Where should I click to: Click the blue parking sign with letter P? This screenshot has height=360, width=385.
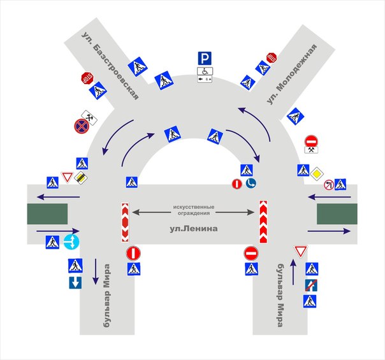[x=205, y=59]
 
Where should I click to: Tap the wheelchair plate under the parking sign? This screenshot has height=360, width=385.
[x=205, y=71]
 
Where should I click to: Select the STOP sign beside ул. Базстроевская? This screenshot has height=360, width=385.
[x=87, y=78]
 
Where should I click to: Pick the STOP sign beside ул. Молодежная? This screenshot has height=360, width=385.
[x=272, y=58]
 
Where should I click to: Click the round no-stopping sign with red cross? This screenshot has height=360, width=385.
[x=81, y=126]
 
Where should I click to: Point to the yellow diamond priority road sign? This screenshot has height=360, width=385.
[x=317, y=174]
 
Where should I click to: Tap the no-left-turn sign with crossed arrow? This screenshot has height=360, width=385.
[x=329, y=185]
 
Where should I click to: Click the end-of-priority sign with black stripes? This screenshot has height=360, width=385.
[x=81, y=178]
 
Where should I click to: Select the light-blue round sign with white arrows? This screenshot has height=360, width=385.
[x=71, y=241]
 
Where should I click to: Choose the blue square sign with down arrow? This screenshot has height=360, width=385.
[x=75, y=283]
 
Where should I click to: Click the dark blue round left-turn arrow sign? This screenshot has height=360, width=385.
[x=251, y=183]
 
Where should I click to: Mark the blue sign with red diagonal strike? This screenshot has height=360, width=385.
[x=311, y=285]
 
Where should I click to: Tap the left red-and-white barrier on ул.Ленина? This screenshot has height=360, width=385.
[x=125, y=222]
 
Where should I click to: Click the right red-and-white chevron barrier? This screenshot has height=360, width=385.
[x=263, y=222]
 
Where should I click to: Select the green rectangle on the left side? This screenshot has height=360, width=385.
[x=47, y=213]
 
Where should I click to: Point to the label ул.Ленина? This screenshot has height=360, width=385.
[x=194, y=229]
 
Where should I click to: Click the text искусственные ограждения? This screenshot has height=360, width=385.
[x=194, y=210]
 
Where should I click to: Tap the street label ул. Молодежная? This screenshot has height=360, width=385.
[x=291, y=75]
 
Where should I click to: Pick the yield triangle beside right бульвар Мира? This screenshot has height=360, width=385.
[x=300, y=252]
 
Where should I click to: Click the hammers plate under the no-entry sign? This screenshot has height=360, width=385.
[x=311, y=150]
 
